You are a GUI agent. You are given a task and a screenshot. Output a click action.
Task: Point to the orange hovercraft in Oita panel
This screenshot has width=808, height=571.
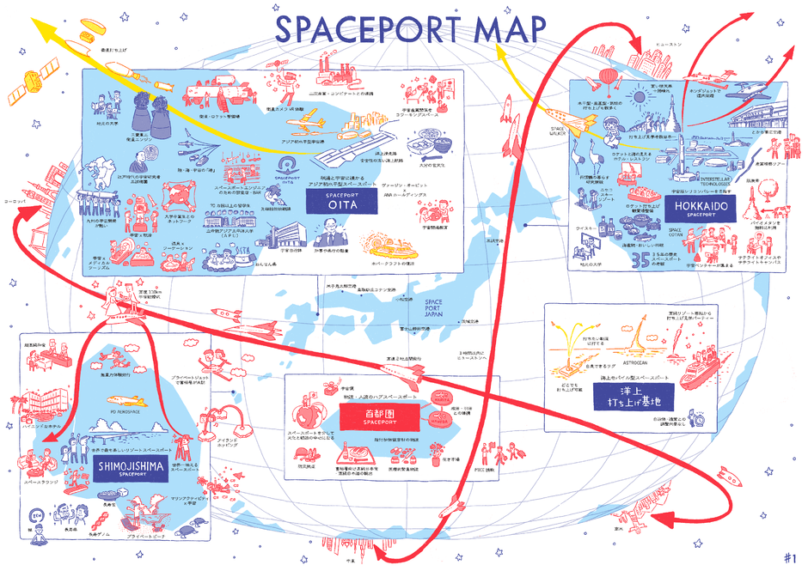(x=387, y=242)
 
